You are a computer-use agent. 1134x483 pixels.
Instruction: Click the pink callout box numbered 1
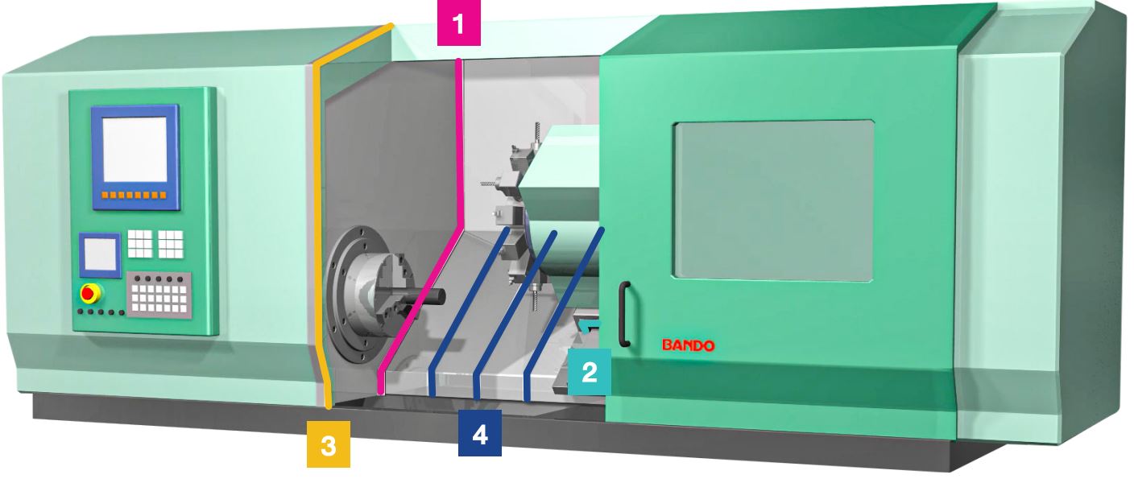click(x=458, y=23)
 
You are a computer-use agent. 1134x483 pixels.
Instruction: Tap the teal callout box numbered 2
click(x=590, y=372)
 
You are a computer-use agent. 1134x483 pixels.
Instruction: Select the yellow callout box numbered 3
click(x=329, y=444)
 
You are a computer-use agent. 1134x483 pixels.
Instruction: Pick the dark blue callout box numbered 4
click(x=480, y=433)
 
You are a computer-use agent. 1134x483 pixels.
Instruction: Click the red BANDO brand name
click(x=689, y=346)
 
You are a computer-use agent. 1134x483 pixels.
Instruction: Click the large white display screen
click(x=135, y=150)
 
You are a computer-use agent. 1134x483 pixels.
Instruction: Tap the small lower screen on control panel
click(x=100, y=254)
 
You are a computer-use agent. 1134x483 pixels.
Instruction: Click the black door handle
click(x=624, y=314)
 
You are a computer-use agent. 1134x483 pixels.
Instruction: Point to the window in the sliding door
click(x=773, y=200)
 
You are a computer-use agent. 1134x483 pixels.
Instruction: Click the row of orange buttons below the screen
click(x=135, y=195)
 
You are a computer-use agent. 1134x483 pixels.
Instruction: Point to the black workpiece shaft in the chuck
click(x=417, y=296)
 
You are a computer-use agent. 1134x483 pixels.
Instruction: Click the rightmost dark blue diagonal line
click(x=563, y=314)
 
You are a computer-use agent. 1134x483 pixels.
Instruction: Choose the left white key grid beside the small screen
click(x=139, y=244)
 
